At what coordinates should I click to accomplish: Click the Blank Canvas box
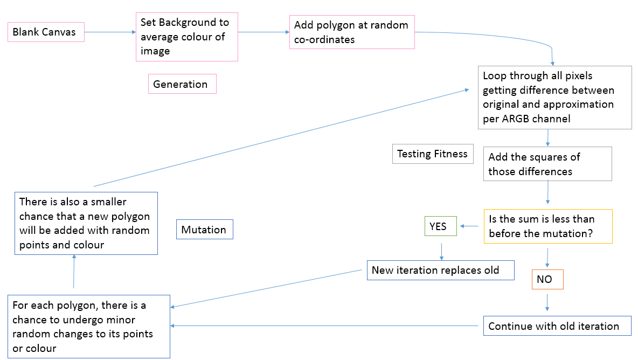(46, 32)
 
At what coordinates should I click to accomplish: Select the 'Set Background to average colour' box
(186, 37)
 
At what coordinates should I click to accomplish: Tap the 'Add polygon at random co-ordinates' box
(352, 32)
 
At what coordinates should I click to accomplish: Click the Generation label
(182, 84)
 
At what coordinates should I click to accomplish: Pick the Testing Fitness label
(432, 154)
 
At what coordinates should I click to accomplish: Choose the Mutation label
(204, 230)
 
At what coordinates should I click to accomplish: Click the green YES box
(440, 226)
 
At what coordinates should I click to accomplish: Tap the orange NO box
(547, 279)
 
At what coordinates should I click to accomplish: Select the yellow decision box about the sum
(548, 226)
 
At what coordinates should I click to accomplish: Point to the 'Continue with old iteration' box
(557, 326)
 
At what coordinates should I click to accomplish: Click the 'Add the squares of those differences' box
(547, 164)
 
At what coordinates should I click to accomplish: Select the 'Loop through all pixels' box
(554, 97)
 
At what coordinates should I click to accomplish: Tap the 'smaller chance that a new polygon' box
(86, 223)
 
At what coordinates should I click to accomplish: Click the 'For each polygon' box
(89, 327)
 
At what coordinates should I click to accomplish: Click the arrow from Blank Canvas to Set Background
(110, 32)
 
